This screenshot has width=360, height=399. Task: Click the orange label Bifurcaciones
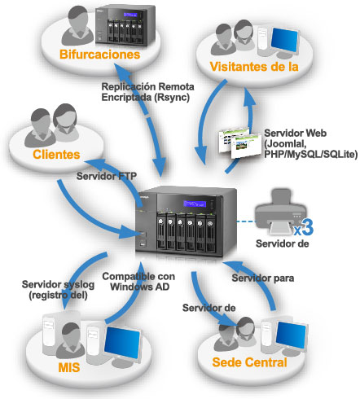(99, 55)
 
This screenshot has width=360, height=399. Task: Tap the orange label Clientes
(56, 155)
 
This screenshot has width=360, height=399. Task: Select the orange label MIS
(69, 367)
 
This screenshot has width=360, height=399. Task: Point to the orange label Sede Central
(249, 362)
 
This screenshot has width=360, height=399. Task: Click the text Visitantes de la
(254, 67)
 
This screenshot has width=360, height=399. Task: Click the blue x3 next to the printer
(304, 227)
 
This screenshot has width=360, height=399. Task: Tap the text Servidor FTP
(107, 176)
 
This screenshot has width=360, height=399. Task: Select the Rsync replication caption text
(147, 92)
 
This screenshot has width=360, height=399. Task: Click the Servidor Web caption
(310, 143)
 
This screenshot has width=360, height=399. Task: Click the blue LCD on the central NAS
(194, 204)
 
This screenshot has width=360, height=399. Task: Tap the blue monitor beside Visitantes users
(284, 40)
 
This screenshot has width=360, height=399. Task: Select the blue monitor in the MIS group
(122, 341)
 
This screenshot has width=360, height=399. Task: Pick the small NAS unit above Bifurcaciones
(125, 25)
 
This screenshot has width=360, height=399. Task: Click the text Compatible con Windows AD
(138, 282)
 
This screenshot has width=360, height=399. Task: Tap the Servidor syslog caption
(58, 290)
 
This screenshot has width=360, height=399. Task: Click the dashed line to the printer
(246, 221)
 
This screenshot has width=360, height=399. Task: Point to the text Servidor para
(263, 278)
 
